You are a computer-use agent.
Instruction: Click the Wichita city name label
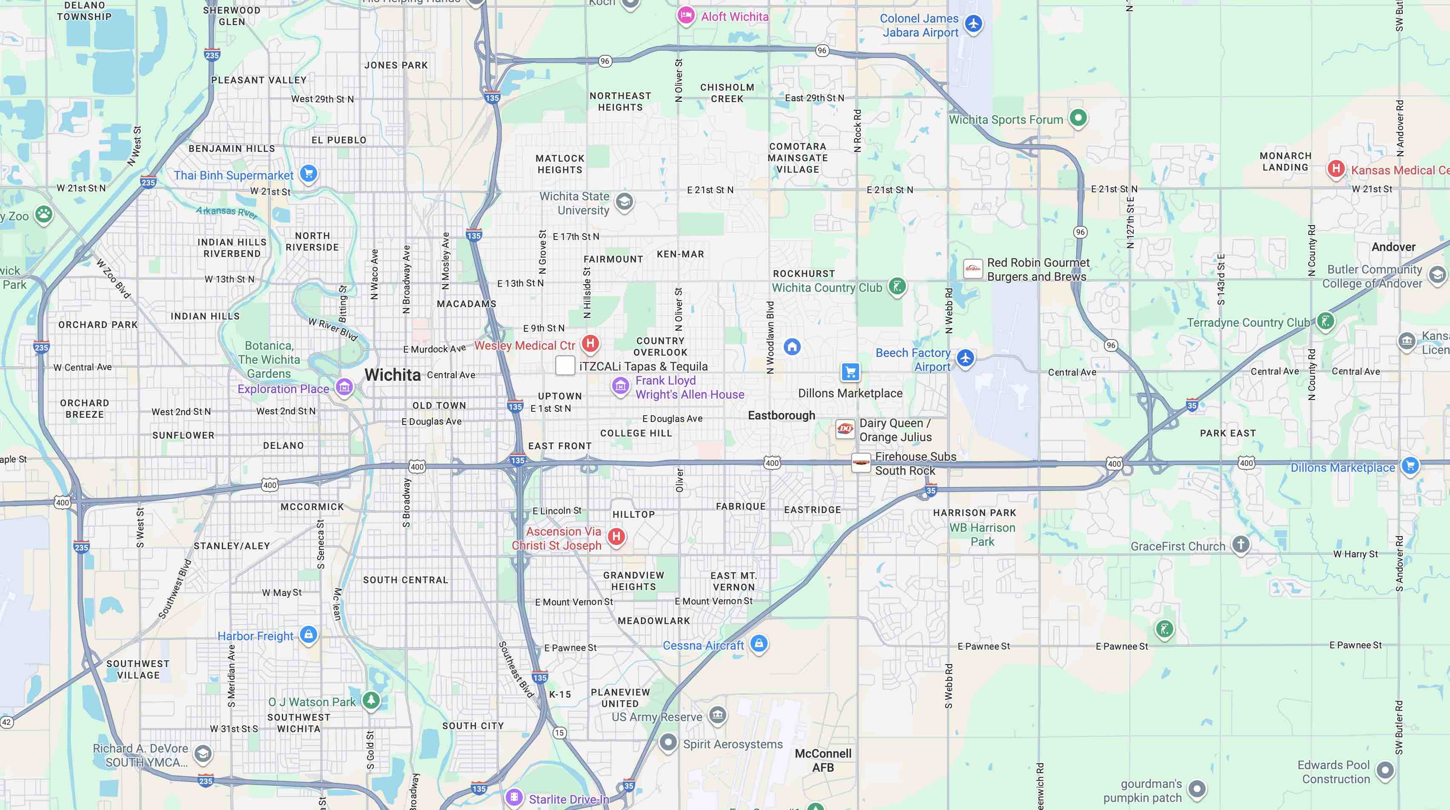(393, 375)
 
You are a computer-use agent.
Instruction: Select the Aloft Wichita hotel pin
(685, 15)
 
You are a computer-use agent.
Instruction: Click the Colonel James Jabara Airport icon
(973, 24)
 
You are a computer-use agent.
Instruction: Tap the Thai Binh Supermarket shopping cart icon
(308, 173)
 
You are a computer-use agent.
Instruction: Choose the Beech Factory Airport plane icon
(966, 357)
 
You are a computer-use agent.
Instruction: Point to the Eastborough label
(781, 415)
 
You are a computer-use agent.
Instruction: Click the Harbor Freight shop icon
(308, 634)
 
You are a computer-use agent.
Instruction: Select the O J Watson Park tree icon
(370, 700)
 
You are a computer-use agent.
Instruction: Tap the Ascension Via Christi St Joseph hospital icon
(616, 536)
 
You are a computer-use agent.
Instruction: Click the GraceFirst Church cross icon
(1241, 544)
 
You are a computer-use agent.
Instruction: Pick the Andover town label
(1393, 247)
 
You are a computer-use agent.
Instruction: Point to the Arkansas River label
(226, 212)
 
